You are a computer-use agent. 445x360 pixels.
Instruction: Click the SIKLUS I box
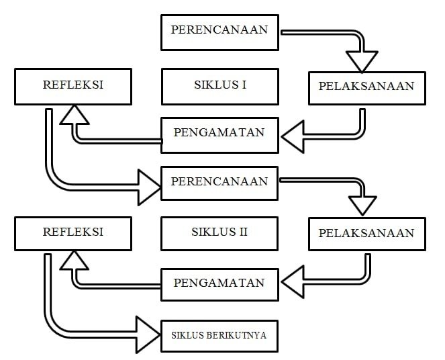[219, 86]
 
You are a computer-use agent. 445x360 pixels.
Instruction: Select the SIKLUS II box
[219, 232]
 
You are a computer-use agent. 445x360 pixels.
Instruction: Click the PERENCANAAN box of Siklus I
[219, 31]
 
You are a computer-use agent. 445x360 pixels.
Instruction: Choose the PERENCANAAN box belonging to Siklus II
[219, 182]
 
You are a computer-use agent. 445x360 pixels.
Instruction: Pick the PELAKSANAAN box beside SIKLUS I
[366, 86]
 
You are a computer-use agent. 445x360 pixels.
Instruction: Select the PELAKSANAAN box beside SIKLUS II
[366, 234]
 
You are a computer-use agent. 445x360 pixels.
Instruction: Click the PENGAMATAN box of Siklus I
[219, 132]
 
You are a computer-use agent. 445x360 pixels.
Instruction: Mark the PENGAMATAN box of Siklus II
[219, 283]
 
